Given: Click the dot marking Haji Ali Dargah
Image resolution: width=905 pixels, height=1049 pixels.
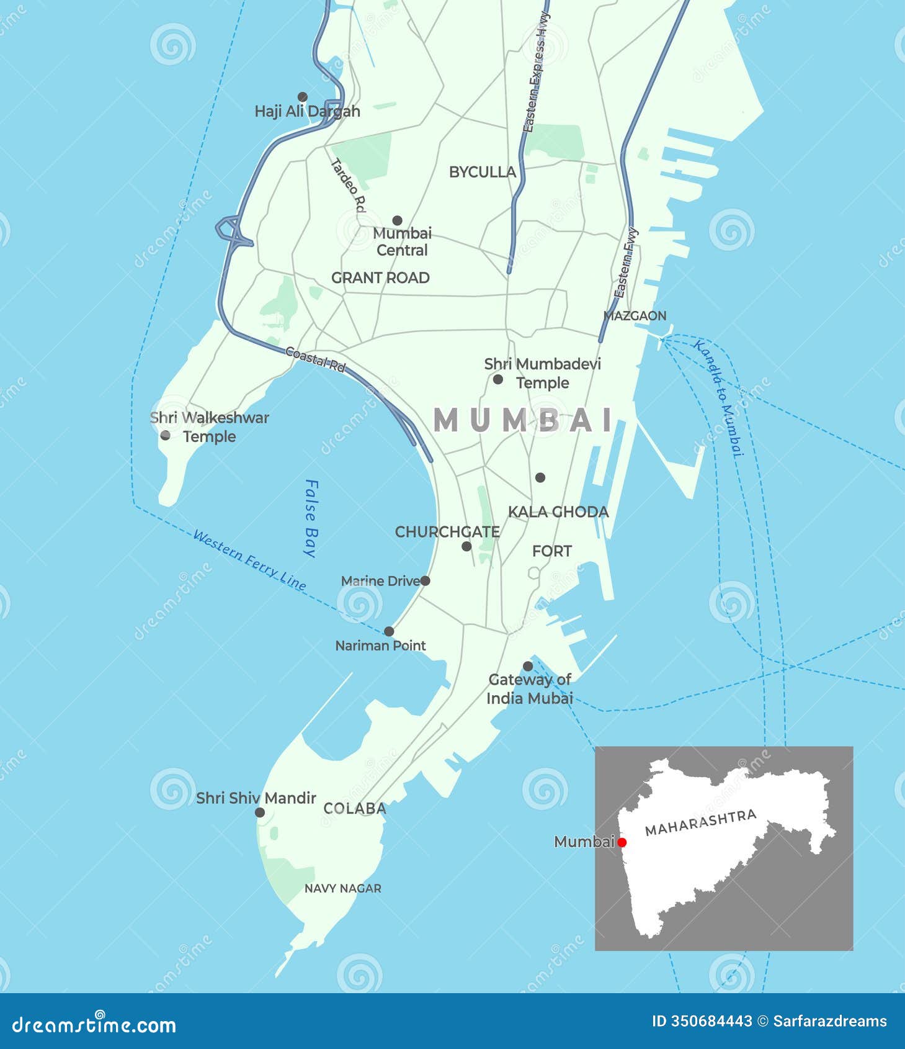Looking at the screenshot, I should (x=303, y=97).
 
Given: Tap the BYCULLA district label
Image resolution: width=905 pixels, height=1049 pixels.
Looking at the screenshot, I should (x=482, y=172).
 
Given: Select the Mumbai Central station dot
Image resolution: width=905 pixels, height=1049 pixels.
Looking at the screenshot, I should (x=397, y=220).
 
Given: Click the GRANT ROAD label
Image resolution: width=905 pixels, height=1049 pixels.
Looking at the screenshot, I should (x=380, y=277).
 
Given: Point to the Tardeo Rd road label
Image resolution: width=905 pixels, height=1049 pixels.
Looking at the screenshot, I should (x=348, y=185).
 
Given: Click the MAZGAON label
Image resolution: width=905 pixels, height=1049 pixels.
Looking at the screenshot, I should (x=635, y=315).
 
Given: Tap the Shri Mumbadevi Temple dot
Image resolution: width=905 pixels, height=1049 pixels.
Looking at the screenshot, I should (x=497, y=379).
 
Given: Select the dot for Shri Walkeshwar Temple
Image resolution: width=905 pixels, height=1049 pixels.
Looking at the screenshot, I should (x=165, y=436).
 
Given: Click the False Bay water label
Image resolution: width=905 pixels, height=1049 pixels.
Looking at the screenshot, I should (x=311, y=518).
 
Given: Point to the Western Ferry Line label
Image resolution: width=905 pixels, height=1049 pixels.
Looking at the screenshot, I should (x=249, y=560).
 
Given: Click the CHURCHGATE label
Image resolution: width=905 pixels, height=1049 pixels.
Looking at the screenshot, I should (x=447, y=532).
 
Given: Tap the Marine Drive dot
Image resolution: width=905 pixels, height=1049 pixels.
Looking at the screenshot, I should (x=425, y=581).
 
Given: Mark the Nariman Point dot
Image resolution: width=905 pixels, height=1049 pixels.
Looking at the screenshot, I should (x=389, y=631).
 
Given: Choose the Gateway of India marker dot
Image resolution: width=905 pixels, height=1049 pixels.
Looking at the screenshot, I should (x=528, y=666).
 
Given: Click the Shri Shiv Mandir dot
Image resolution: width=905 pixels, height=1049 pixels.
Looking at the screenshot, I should (x=260, y=813).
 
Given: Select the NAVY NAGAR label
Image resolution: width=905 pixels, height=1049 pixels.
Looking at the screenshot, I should (x=342, y=888).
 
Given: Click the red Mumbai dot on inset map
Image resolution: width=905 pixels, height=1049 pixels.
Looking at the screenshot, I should (x=622, y=842).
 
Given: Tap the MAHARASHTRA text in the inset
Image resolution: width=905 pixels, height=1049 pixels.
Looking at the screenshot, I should (x=700, y=822).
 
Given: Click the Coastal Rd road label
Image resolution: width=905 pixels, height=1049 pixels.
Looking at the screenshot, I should (x=314, y=359).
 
